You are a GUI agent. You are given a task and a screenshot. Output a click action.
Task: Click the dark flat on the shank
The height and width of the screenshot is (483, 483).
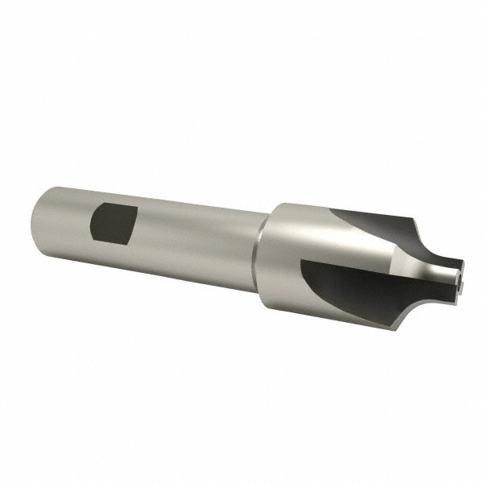point(113,223)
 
